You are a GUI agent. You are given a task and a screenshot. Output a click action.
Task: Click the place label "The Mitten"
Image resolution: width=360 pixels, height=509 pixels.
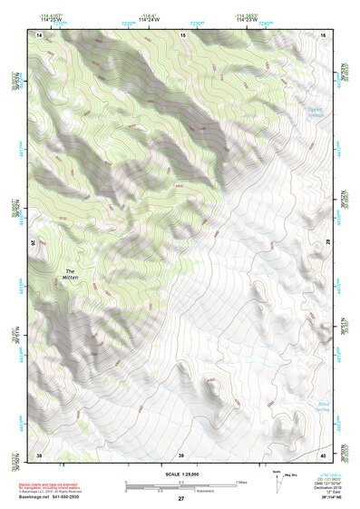70,274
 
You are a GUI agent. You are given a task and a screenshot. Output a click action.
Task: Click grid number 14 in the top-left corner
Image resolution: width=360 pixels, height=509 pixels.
39,34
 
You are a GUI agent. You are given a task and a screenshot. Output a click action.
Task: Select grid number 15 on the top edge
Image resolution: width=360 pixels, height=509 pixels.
182,34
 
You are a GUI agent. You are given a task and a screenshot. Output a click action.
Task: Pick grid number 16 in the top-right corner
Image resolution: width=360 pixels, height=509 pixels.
322,34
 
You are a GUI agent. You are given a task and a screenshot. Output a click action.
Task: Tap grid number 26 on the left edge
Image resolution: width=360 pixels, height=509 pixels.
36,243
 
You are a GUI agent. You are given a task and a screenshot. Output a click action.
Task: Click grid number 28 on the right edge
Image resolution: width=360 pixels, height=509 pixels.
326,243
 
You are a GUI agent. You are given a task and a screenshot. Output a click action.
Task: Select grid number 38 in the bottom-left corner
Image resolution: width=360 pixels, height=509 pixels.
39,454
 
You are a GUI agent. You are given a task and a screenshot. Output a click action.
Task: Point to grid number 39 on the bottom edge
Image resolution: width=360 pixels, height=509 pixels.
180,454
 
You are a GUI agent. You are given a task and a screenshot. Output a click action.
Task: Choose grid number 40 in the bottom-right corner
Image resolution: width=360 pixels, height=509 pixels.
322,454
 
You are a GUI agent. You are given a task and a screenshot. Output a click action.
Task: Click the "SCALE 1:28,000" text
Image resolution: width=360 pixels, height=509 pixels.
180,474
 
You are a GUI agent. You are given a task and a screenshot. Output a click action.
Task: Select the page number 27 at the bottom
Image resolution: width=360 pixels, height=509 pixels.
180,500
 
